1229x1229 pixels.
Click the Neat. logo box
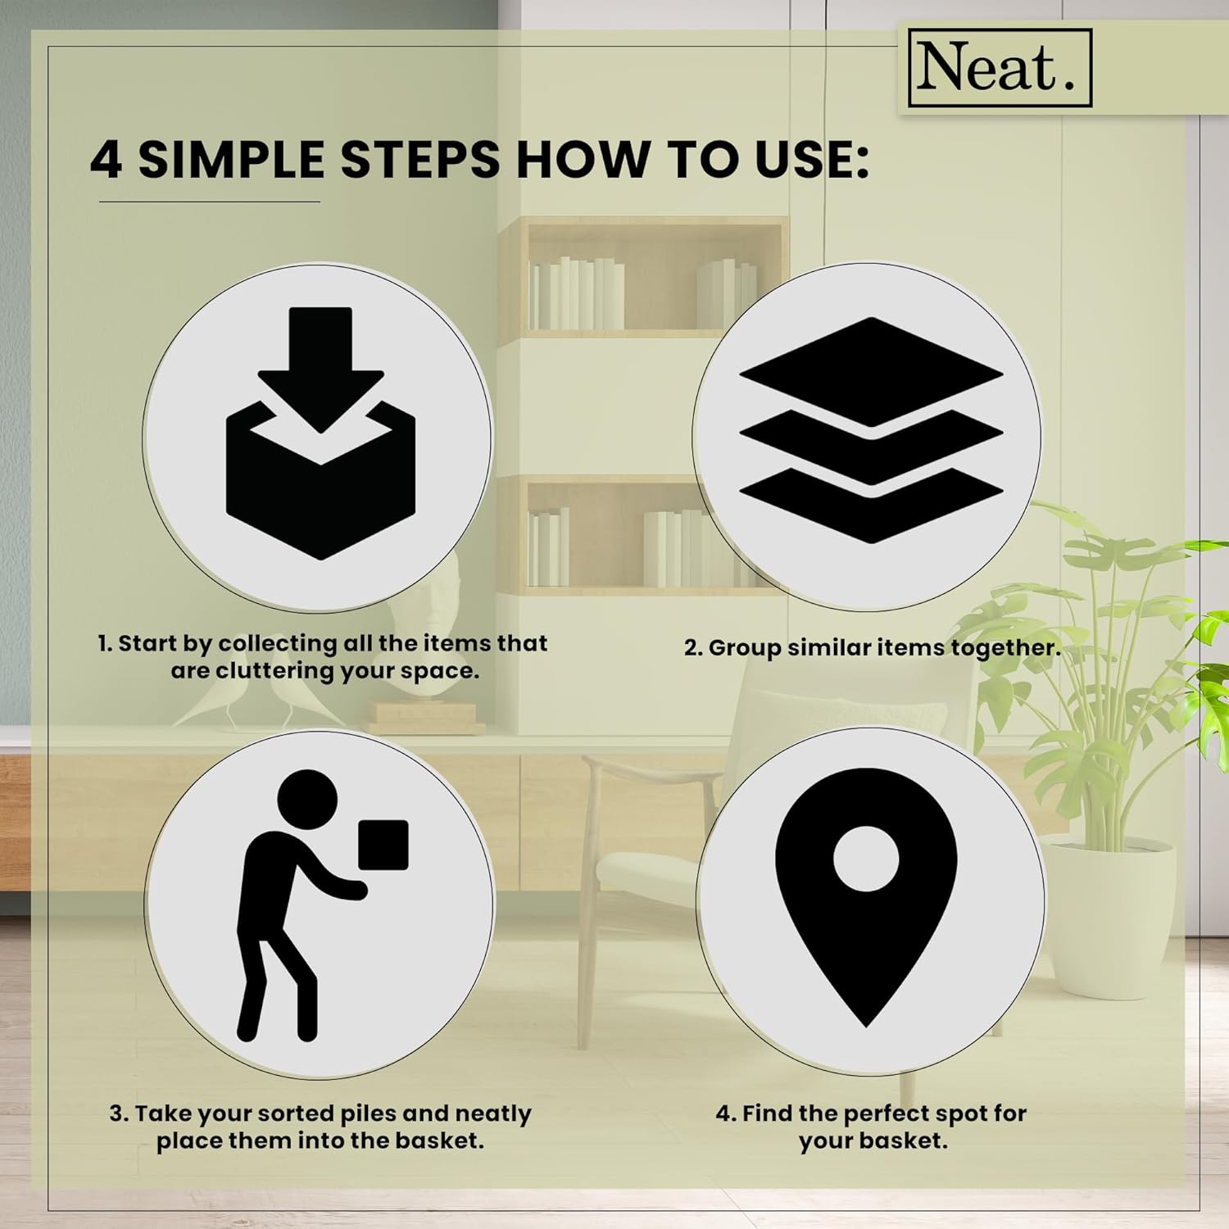[x=1000, y=68]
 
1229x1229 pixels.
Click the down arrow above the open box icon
[x=320, y=369]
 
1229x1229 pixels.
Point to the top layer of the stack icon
[x=871, y=372]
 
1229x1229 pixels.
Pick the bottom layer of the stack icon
[x=871, y=506]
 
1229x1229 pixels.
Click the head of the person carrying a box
[x=307, y=799]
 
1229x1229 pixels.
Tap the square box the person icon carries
[x=383, y=844]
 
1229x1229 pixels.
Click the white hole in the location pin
[x=866, y=859]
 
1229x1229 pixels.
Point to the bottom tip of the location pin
[x=867, y=1027]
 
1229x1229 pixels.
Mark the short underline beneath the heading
[x=209, y=202]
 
